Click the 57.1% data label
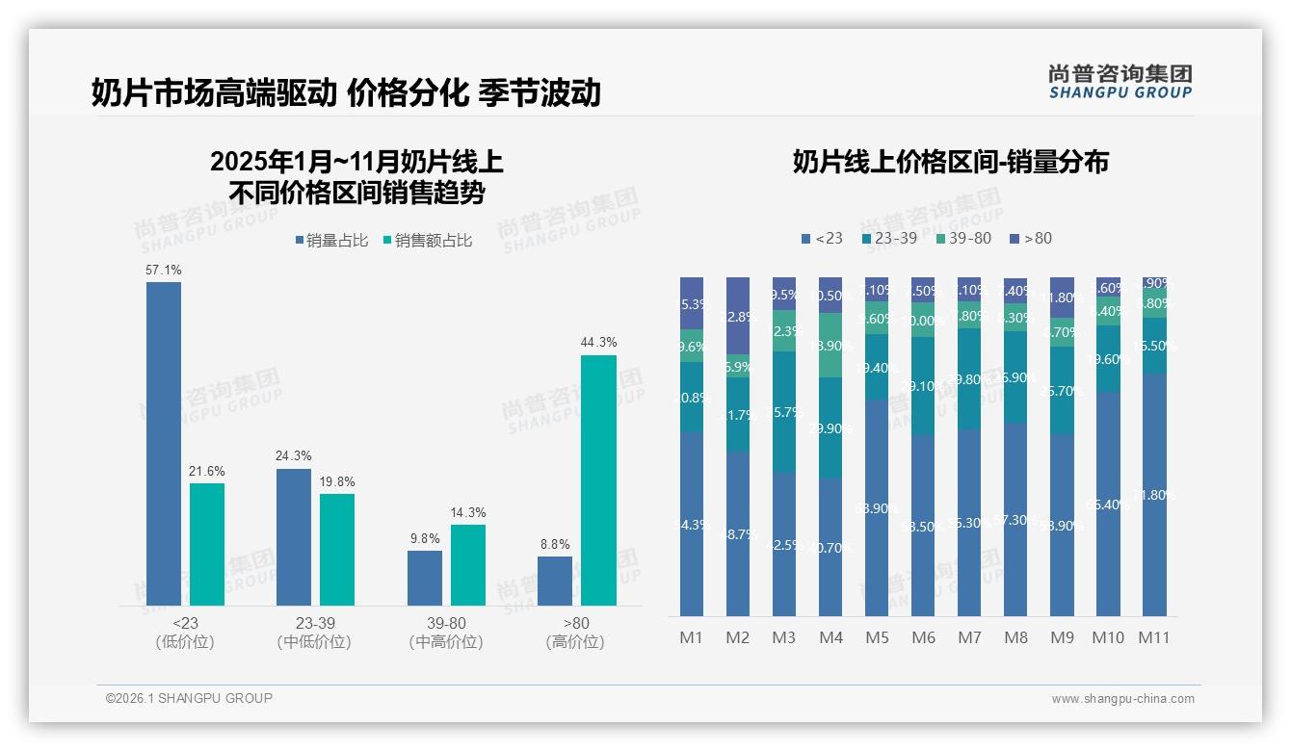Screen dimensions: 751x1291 pos(164,271)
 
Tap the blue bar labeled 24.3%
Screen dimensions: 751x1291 pos(294,536)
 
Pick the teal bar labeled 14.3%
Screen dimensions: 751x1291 pos(468,564)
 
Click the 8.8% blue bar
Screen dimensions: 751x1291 pos(555,581)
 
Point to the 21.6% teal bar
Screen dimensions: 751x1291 pos(207,544)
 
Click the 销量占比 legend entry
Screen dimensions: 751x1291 pos(331,241)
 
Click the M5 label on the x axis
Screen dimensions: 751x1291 pos(877,637)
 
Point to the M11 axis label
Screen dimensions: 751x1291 pos(1153,637)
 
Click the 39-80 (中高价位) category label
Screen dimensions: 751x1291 pos(445,633)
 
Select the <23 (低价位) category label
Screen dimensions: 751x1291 pos(184,633)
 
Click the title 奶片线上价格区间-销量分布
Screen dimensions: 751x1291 pos(950,162)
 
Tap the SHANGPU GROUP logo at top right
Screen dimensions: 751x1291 pos(1120,81)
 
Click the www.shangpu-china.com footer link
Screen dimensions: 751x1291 pos(1122,699)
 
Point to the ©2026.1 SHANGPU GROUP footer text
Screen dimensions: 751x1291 pos(189,698)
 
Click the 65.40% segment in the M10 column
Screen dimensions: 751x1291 pos(1108,504)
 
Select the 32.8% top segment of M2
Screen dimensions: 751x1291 pos(738,316)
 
